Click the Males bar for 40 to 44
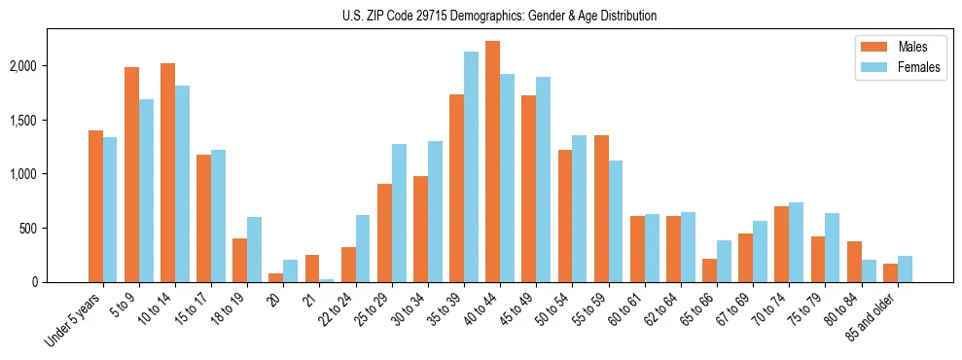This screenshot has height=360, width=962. click(x=493, y=162)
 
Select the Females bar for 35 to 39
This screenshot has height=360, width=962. click(x=471, y=166)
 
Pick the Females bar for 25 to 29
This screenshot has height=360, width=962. click(x=399, y=213)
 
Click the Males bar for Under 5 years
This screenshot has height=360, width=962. click(x=95, y=206)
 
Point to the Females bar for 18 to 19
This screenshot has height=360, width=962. click(x=254, y=249)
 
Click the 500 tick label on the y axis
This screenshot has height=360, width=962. click(x=56, y=229)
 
